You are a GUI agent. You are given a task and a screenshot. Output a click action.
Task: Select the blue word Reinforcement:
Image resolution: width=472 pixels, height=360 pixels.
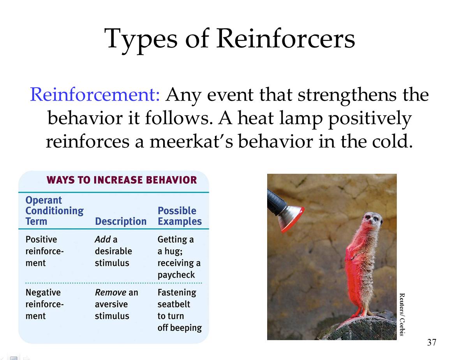pyautogui.click(x=95, y=95)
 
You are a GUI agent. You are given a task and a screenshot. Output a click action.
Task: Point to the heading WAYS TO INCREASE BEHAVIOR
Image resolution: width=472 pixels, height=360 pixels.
pyautogui.click(x=122, y=180)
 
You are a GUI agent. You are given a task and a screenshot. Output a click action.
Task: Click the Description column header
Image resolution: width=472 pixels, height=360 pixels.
pyautogui.click(x=120, y=221)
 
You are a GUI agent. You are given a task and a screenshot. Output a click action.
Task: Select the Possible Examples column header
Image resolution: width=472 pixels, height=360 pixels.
pyautogui.click(x=180, y=216)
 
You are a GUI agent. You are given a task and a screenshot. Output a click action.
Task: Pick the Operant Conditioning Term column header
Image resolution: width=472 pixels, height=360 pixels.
pyautogui.click(x=54, y=211)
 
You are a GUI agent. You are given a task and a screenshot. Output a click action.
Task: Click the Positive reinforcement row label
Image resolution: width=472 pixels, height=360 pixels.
pyautogui.click(x=44, y=251)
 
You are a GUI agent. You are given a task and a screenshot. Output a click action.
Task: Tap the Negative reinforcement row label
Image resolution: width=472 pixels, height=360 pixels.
pyautogui.click(x=44, y=304)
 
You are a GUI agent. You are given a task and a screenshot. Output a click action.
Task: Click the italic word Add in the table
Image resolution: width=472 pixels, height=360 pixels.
pyautogui.click(x=102, y=239)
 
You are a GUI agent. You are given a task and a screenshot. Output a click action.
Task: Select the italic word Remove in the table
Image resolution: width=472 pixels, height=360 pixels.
pyautogui.click(x=111, y=292)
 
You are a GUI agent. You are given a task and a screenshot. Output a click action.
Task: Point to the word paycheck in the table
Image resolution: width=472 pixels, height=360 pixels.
pyautogui.click(x=176, y=275)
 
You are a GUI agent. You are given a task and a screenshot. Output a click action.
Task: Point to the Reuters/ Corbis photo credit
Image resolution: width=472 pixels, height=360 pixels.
pyautogui.click(x=402, y=314)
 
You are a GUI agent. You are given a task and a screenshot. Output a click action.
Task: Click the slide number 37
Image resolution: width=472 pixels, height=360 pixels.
pyautogui.click(x=431, y=342)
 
